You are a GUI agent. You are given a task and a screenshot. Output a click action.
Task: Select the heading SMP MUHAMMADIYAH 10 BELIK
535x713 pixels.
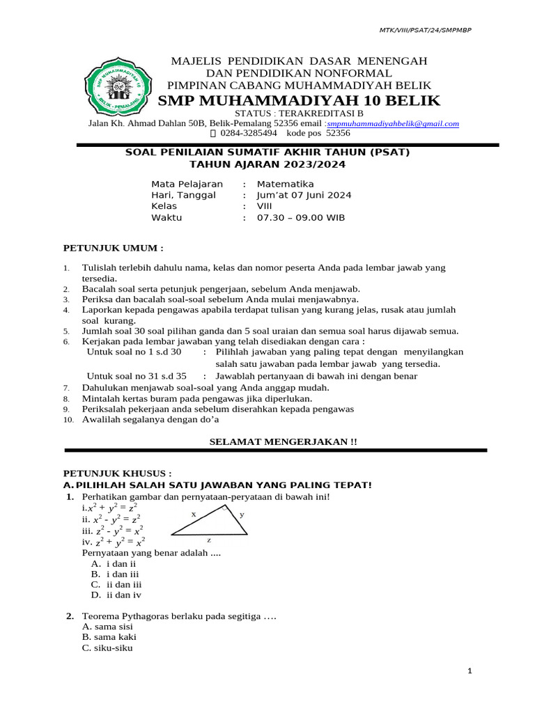coord(299,101)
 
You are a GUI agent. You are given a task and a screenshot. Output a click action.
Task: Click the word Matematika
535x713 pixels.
coord(286,184)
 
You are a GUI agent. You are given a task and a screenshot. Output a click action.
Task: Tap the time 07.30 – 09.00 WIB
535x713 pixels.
coord(301,217)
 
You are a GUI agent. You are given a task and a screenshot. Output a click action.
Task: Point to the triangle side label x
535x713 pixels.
coord(194,514)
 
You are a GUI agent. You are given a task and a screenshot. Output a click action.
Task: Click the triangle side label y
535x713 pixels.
coord(242,515)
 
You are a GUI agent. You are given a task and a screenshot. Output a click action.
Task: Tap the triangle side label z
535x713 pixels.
coord(209,540)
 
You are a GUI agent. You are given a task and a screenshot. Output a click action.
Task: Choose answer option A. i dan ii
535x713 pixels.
coord(113,563)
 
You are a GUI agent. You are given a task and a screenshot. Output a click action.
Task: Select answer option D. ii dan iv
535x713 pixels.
coord(116,595)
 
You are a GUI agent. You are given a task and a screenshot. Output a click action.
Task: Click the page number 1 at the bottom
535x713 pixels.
coord(470,671)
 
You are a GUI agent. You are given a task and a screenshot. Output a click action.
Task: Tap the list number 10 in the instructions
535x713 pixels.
coord(68,420)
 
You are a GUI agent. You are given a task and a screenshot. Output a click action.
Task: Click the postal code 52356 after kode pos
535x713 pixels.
coord(338,132)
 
